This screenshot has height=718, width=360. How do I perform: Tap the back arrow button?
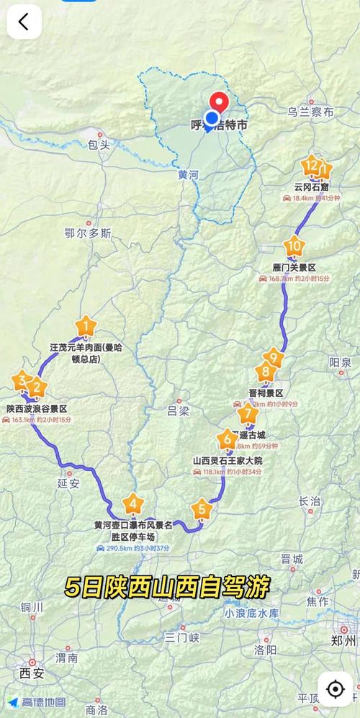tap(24, 22)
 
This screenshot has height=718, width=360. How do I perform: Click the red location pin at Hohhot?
tap(218, 103)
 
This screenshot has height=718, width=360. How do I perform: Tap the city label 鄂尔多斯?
tap(89, 233)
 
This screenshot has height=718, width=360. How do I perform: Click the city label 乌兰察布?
tap(310, 112)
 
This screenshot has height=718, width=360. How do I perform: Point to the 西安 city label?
tap(32, 674)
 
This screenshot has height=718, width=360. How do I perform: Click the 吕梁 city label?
tap(178, 411)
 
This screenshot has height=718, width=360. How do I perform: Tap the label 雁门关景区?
tap(294, 267)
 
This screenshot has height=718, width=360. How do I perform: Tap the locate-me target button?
tap(335, 688)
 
